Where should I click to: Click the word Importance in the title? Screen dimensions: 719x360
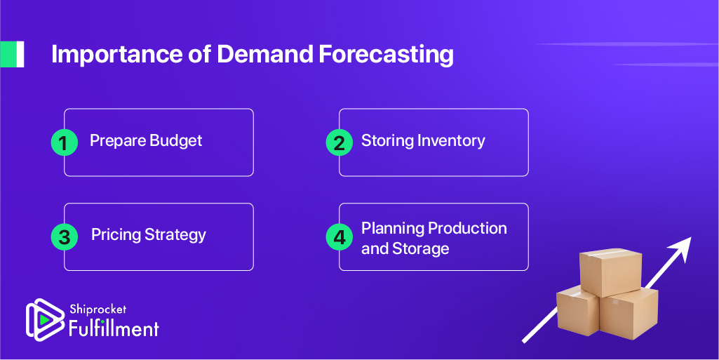(x=116, y=55)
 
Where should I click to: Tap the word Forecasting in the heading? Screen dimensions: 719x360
(x=386, y=55)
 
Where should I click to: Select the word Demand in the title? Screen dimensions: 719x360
(x=264, y=54)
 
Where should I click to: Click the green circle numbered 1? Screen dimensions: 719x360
(x=65, y=142)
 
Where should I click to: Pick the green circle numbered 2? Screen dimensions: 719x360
(x=340, y=142)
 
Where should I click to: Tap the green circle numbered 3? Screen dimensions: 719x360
(x=65, y=237)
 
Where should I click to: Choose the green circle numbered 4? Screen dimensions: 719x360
(x=340, y=237)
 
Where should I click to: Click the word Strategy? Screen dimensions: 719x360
(x=175, y=235)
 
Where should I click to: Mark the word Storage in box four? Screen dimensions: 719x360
(x=420, y=249)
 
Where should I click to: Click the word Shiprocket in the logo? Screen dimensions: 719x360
(x=98, y=310)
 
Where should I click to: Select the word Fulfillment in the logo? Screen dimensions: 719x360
(x=114, y=329)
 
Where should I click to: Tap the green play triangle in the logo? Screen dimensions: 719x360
(x=43, y=319)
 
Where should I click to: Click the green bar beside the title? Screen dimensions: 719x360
(x=12, y=54)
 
